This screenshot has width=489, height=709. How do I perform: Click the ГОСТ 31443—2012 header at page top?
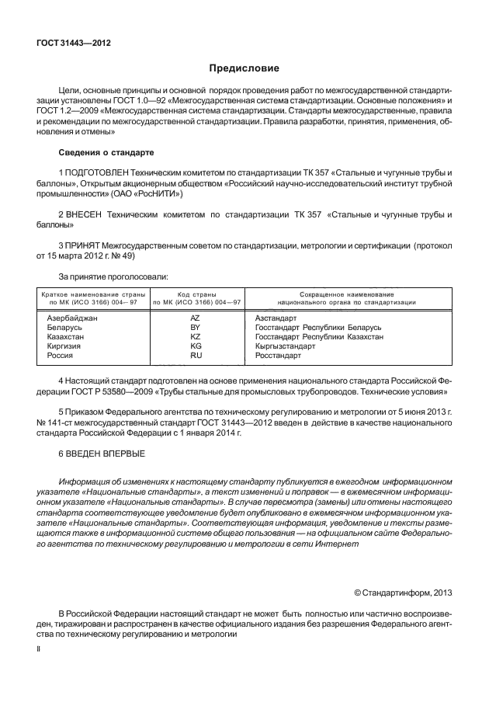(73, 43)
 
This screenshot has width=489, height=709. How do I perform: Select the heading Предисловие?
(244, 68)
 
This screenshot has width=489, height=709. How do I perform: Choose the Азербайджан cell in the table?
(72, 318)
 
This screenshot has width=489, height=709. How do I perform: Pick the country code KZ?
(196, 337)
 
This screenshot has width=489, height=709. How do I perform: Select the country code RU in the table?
(196, 355)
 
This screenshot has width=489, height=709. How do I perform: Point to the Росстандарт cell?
(277, 355)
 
